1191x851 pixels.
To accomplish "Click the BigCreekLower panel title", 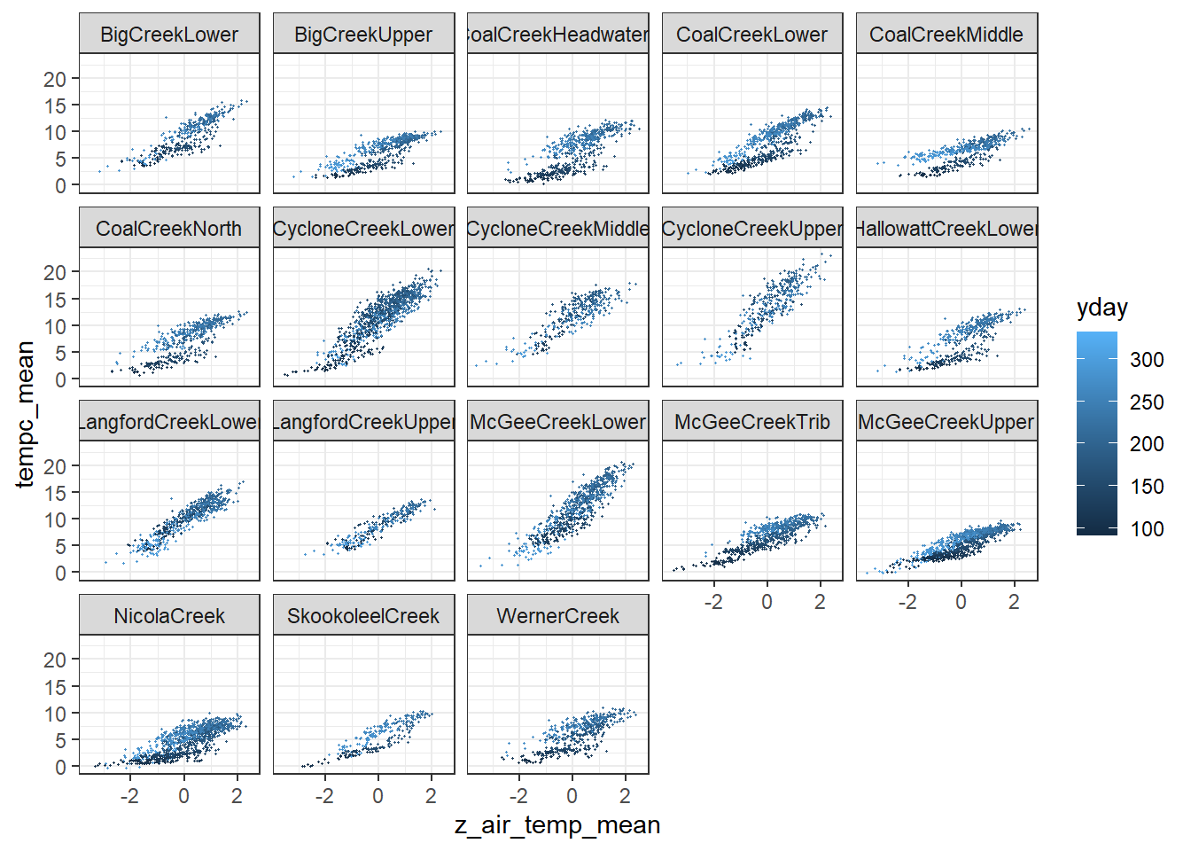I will pos(169,35).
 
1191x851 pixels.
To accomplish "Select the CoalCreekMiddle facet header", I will pos(946,35).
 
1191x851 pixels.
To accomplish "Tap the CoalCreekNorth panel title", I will pos(169,229).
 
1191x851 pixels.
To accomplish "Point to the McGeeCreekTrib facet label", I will pos(752,422).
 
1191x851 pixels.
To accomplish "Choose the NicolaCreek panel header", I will pos(169,616).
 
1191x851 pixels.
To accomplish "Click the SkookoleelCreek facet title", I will pos(363,616).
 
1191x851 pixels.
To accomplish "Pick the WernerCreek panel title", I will pos(558,616).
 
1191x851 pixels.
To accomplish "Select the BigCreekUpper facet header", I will pos(363,35).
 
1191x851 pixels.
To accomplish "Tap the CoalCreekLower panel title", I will pos(752,35).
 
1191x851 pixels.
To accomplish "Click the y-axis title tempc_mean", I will pos(25,414).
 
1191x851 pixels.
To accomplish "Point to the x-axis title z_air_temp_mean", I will pos(557,825).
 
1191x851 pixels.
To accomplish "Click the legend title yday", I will pos(1102,308).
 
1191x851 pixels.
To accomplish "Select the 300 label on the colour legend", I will pos(1147,360).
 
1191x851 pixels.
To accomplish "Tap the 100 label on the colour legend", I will pos(1147,529).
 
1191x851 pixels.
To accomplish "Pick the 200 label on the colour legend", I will pos(1147,444).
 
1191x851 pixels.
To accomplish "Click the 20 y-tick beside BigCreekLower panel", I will pos(55,79).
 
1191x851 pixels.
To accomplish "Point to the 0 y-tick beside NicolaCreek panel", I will pos(60,767).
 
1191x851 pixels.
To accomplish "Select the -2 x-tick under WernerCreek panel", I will pos(518,796).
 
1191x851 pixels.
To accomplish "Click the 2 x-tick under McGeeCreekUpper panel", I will pos(1014,603).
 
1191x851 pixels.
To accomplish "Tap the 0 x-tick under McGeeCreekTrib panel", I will pos(767,603).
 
